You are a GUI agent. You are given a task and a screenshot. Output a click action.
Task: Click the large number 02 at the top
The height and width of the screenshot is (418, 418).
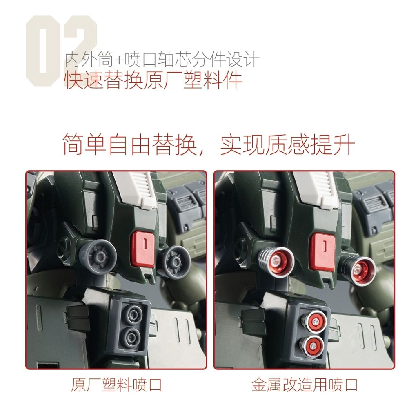[61, 51]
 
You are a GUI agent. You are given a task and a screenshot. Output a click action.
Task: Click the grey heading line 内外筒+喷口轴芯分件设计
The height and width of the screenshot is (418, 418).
[162, 60]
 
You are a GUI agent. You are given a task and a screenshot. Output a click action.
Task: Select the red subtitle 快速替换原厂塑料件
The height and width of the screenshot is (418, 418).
[153, 80]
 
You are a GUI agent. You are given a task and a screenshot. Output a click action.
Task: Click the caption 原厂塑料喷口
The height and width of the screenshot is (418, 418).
[116, 385]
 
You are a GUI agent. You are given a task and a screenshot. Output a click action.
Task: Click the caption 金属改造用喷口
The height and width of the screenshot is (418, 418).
[305, 385]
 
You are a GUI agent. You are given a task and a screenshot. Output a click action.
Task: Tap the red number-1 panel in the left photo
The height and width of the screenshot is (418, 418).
[142, 248]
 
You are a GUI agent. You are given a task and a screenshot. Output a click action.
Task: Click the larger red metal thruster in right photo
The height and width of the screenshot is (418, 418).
[279, 260]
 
